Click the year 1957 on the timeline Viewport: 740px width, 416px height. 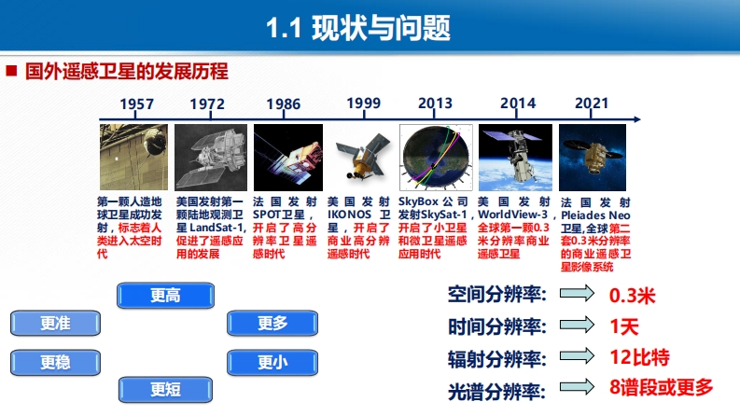coord(137,104)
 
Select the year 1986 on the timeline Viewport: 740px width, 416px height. coord(283,104)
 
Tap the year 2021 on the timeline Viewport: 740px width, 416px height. coord(592,103)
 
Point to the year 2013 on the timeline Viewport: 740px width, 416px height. coord(435,103)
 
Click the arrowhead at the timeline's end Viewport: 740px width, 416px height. coord(637,119)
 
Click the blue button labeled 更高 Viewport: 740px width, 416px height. coord(166,296)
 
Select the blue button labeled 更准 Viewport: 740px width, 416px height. coord(56,323)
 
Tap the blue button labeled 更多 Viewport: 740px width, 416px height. coord(272,323)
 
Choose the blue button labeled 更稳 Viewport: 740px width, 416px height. coord(56,362)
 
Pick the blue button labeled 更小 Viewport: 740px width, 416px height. coord(272,362)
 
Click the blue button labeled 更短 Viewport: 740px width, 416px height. coord(166,390)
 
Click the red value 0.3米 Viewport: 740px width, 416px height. coord(633,296)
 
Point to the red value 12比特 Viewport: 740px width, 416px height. coord(639,357)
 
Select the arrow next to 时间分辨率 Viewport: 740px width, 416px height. coord(577,325)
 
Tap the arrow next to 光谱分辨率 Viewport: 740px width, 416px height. coord(577,387)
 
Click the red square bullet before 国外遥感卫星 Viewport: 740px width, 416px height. coord(11,71)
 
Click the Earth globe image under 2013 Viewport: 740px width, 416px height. coord(436,157)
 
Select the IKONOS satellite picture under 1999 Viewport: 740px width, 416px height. coord(361,157)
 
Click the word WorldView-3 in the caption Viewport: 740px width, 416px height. coord(513,215)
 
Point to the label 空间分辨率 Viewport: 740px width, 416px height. coord(497,295)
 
